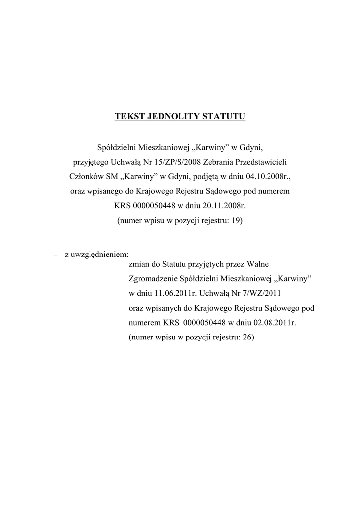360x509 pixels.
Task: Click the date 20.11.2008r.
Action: pyautogui.click(x=222, y=205)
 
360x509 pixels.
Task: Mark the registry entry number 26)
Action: pyautogui.click(x=248, y=337)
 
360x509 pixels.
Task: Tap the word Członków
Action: pyautogui.click(x=84, y=176)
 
